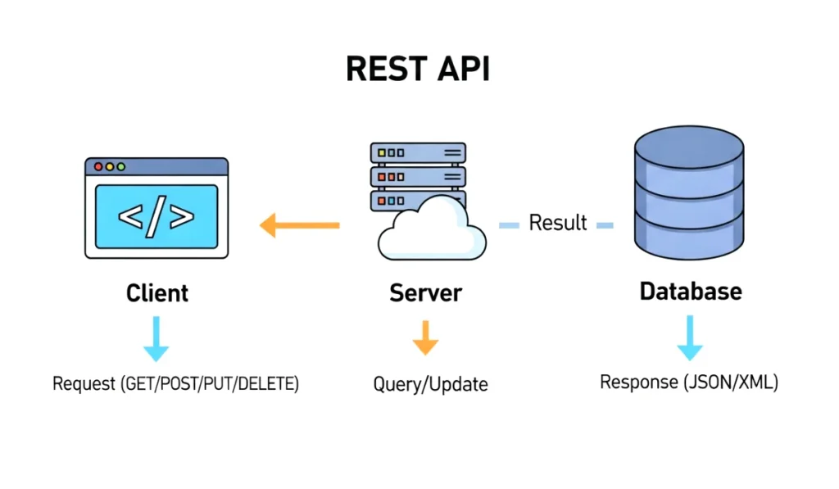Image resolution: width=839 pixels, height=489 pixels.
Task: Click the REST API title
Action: [x=418, y=70]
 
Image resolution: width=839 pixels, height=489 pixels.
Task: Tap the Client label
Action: [x=157, y=293]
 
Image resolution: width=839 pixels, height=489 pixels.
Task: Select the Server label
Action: [x=425, y=293]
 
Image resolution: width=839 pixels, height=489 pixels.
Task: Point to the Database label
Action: [x=691, y=292]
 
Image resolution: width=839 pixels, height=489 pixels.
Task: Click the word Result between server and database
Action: [x=558, y=222]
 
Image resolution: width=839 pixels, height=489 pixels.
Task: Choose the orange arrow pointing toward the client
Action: [x=299, y=224]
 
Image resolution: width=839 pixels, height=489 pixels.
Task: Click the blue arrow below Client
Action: [x=156, y=339]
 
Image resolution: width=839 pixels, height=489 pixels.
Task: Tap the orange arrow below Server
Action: [x=424, y=337]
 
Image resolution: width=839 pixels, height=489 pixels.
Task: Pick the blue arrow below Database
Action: [x=690, y=338]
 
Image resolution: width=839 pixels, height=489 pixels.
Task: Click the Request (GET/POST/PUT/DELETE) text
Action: [x=175, y=383]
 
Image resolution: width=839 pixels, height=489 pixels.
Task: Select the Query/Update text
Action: [x=430, y=384]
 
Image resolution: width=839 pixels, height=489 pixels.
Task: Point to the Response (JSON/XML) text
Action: [x=689, y=382]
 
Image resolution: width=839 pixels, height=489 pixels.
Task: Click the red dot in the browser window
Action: [x=98, y=166]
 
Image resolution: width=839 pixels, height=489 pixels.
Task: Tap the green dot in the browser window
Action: [x=121, y=166]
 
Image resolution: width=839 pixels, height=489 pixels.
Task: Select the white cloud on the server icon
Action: [x=430, y=231]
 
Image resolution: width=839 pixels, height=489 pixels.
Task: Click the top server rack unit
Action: [x=418, y=152]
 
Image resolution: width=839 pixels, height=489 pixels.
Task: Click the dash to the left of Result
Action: [x=510, y=224]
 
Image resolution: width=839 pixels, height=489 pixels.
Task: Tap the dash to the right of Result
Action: [x=605, y=224]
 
